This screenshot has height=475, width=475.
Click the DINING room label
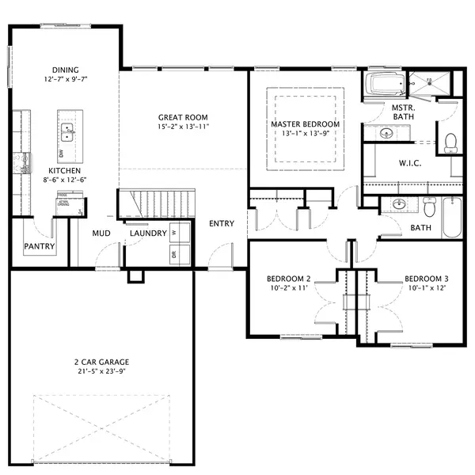[65, 70]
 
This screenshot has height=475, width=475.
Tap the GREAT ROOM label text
[182, 117]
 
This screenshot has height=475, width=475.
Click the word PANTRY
[39, 246]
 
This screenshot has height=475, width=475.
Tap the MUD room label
[101, 234]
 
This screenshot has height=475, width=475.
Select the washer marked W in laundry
[174, 233]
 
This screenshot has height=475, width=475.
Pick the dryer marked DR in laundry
[174, 254]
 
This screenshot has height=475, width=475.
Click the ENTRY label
[221, 223]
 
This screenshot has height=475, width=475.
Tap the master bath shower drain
[429, 81]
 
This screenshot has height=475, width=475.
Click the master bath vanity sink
[387, 133]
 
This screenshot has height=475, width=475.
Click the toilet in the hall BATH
[429, 208]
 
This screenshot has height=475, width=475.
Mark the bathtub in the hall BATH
[453, 216]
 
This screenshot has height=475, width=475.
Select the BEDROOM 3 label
[426, 279]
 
